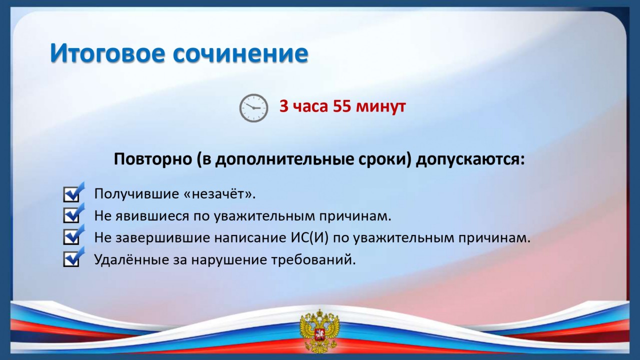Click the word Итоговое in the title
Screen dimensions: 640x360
107,53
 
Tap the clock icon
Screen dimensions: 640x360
253,108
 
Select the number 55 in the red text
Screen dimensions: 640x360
342,106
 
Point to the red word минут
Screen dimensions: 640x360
381,107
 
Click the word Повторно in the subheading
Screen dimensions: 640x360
153,159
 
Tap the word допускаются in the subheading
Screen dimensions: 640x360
470,159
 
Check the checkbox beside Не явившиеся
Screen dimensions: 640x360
73,213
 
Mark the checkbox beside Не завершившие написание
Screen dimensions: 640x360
73,235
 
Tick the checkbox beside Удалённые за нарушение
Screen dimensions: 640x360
73,257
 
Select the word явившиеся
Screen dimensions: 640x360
152,216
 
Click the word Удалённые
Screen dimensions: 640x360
131,259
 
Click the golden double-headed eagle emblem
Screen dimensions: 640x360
319,331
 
